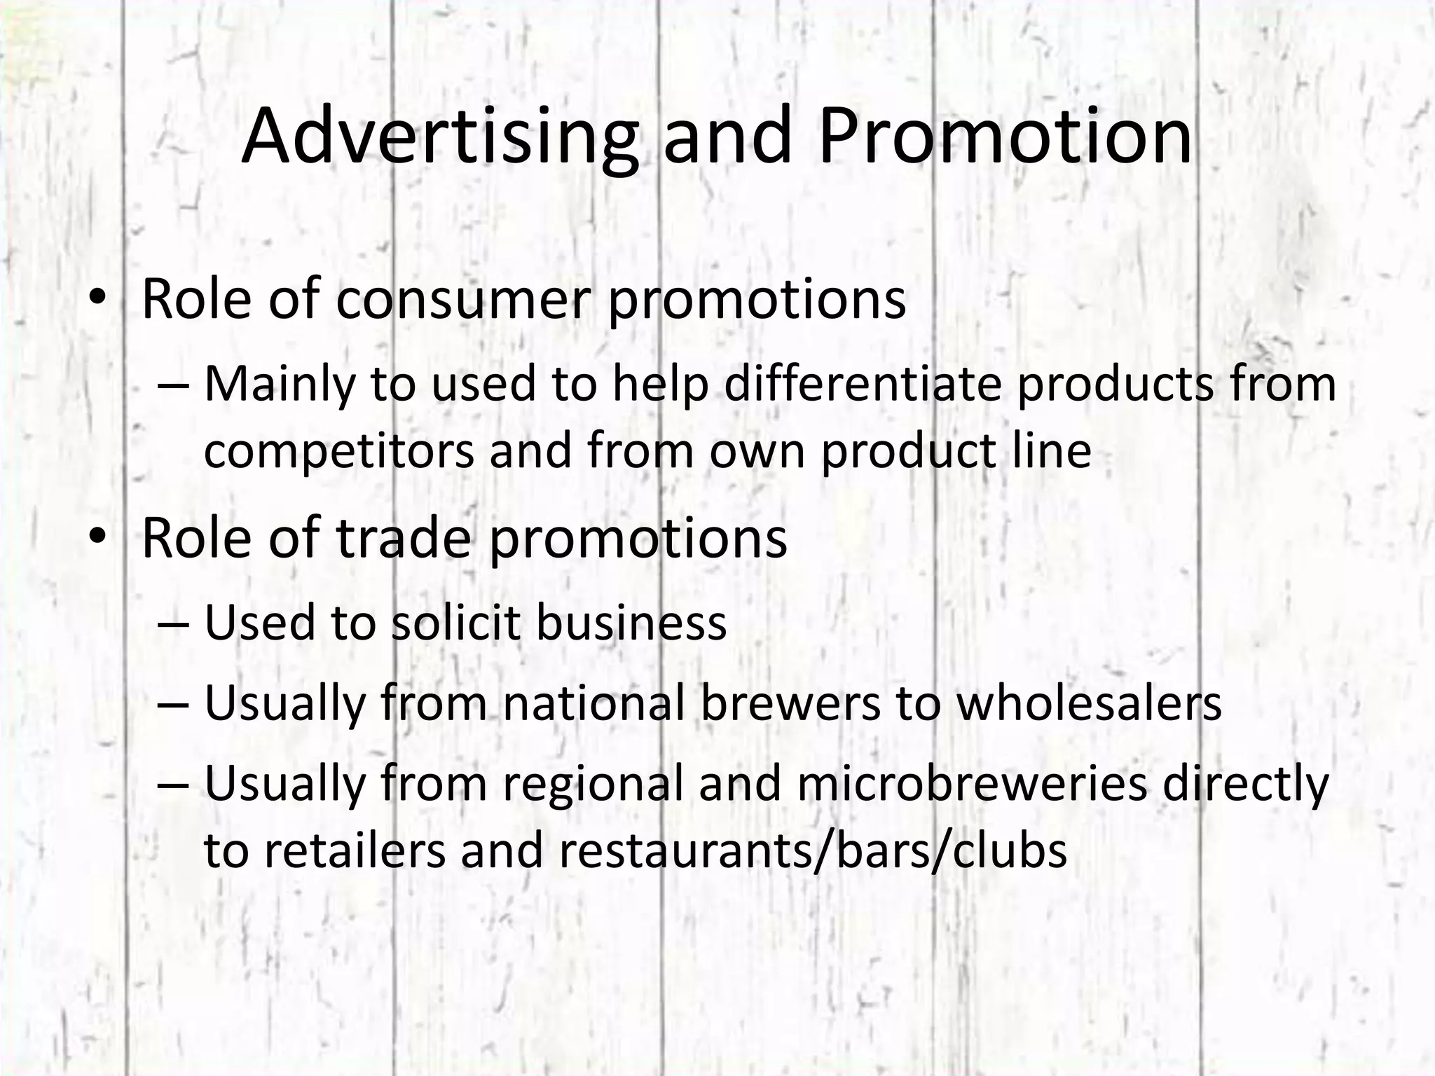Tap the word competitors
(339, 450)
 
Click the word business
(631, 623)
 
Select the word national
(593, 703)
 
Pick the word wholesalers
(1089, 703)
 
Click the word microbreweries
(972, 784)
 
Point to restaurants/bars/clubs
(813, 850)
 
